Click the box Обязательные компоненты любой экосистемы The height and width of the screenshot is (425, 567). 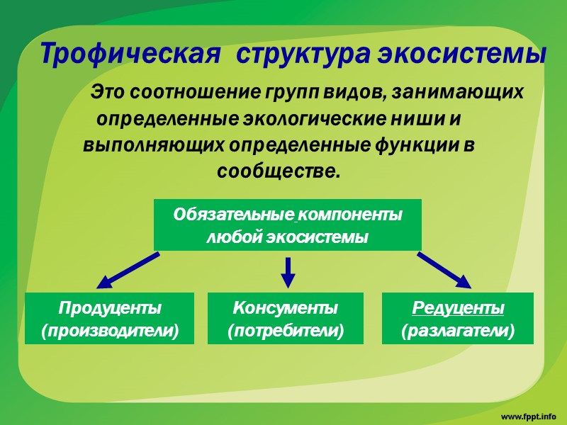point(287,225)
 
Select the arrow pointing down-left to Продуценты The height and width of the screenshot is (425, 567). point(128,271)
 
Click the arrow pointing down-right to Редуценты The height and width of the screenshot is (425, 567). point(444,271)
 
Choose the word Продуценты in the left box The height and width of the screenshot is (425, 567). point(110,308)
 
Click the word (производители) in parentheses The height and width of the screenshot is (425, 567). point(110,330)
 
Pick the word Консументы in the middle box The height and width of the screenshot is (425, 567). point(285,308)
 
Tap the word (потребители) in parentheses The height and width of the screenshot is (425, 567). point(285,330)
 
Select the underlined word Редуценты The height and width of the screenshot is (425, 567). point(458,308)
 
